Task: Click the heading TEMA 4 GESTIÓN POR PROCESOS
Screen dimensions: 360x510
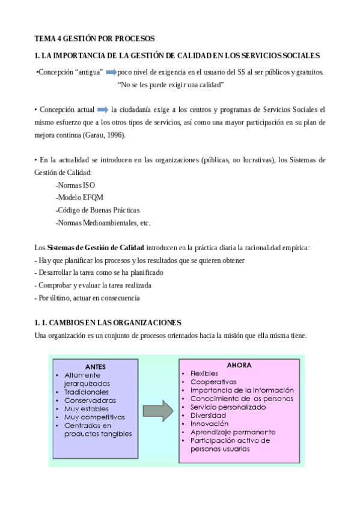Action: click(x=94, y=38)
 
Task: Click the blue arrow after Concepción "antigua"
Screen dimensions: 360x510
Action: click(x=111, y=72)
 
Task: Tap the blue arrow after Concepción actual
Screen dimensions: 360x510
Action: click(x=102, y=110)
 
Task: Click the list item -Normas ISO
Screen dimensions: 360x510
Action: click(x=75, y=185)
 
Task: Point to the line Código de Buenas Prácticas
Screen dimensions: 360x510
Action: click(x=97, y=210)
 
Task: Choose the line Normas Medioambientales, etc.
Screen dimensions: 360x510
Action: click(x=103, y=223)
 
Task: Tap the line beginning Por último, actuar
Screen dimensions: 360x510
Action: click(x=88, y=298)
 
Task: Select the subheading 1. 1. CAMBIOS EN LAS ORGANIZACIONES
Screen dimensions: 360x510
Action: click(x=108, y=322)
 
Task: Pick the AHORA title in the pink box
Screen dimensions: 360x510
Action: click(x=239, y=365)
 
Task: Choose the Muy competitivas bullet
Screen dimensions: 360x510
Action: click(x=94, y=416)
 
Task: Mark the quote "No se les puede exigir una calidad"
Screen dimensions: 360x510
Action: click(x=171, y=85)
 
